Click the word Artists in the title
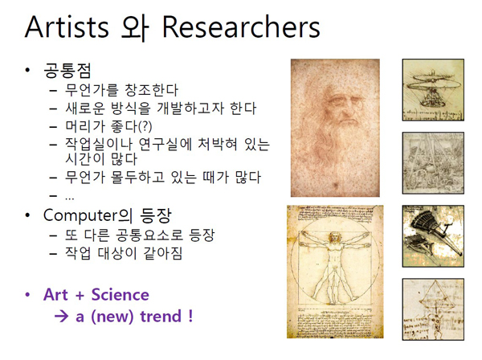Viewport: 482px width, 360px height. tap(67, 27)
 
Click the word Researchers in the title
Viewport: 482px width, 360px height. tap(241, 27)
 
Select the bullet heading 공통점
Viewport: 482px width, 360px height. tap(67, 71)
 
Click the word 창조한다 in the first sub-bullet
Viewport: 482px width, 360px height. tap(152, 90)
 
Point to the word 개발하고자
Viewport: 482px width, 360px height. tap(190, 108)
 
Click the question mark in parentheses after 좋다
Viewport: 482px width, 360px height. tap(145, 126)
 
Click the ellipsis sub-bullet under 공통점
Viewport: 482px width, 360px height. tap(69, 198)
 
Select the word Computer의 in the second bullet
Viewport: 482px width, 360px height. tap(88, 215)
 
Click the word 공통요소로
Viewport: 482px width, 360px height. tap(149, 235)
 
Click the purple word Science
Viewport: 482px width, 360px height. tap(120, 295)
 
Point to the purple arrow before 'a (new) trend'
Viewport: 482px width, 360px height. tap(61, 316)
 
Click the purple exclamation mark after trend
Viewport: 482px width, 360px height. tap(190, 316)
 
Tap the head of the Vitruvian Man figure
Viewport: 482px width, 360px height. tap(334, 238)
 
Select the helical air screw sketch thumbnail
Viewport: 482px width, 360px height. tap(433, 90)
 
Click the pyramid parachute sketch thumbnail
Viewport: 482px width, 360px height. tap(433, 309)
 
